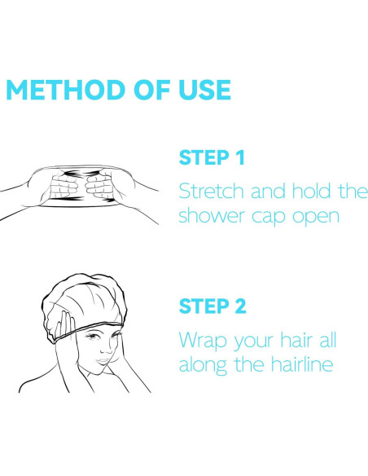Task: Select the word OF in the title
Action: tap(152, 90)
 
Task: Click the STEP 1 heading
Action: tap(212, 157)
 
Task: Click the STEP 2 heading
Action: tap(212, 306)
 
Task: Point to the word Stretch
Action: tap(212, 191)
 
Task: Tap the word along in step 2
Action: tap(203, 365)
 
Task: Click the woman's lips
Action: tap(103, 361)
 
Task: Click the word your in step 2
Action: tap(253, 342)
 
